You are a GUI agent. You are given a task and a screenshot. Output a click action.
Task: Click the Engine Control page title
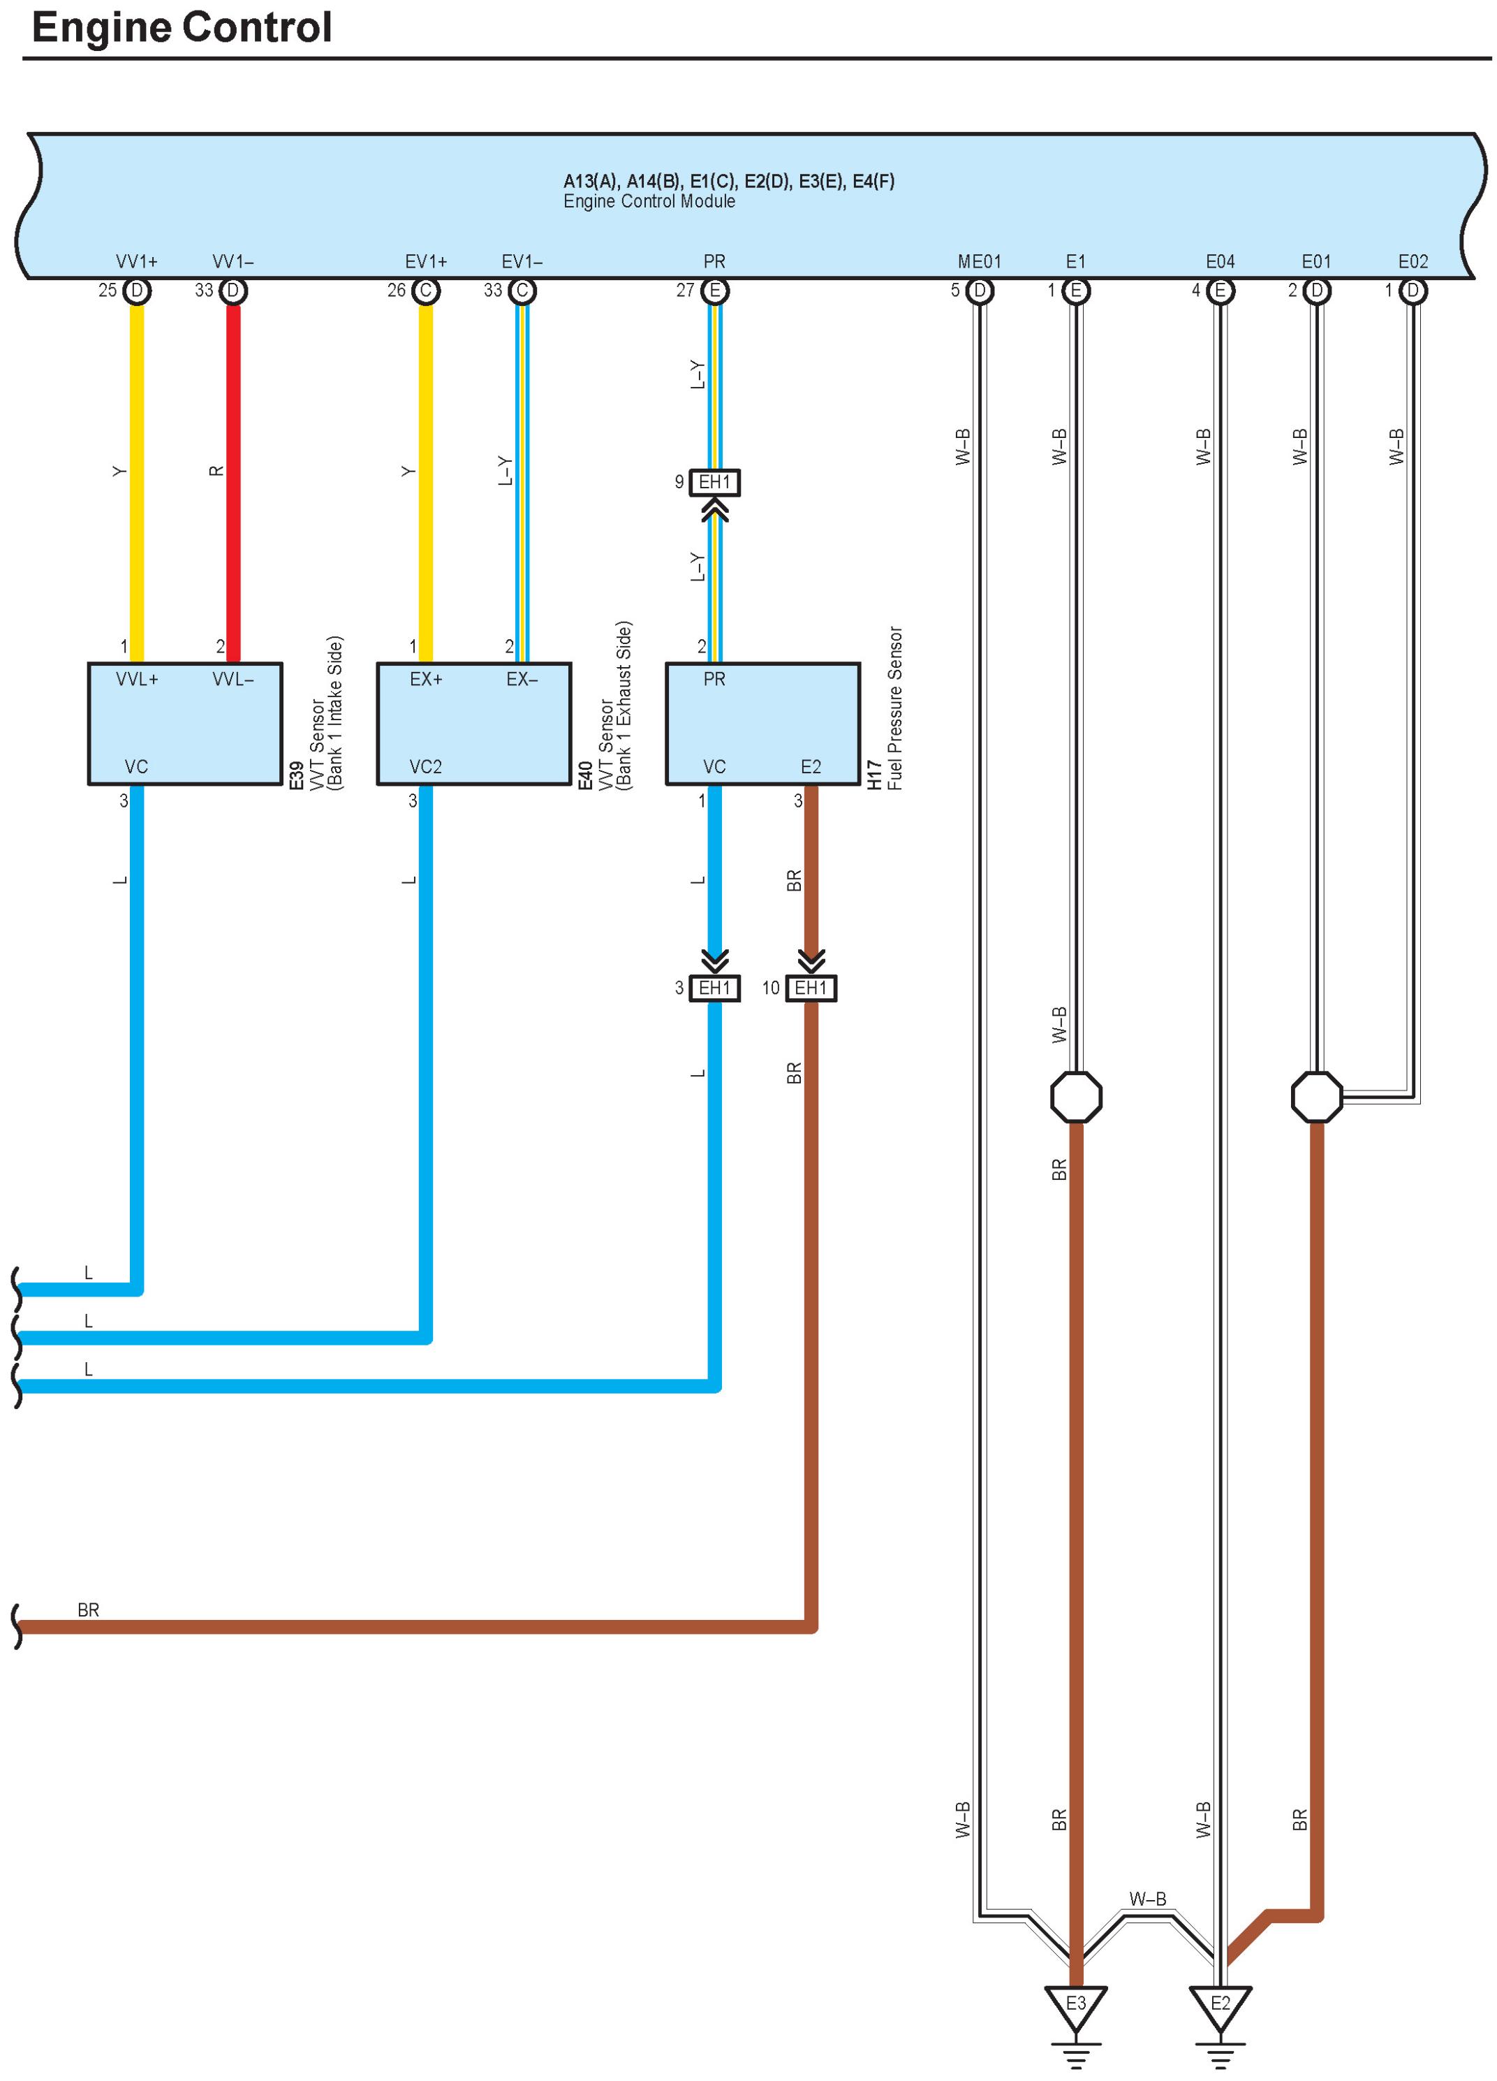point(182,27)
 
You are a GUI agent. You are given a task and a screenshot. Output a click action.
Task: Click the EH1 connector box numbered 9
point(714,483)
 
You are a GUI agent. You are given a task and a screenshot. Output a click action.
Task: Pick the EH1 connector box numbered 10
point(811,988)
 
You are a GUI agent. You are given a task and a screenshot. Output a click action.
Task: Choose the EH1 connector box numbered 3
point(714,988)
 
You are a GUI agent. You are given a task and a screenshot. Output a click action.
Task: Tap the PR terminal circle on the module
point(714,291)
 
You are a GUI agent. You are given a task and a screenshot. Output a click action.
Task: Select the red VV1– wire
point(233,477)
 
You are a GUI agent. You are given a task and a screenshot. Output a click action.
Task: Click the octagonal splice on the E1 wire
point(1075,1097)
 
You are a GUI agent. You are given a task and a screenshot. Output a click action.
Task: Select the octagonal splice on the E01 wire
point(1316,1097)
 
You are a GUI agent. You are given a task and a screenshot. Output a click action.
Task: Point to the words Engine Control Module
point(649,202)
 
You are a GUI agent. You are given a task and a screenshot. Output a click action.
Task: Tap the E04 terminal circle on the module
point(1220,291)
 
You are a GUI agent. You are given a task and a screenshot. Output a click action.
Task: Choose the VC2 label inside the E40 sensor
point(426,767)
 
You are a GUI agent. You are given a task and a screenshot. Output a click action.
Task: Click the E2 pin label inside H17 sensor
point(811,767)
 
